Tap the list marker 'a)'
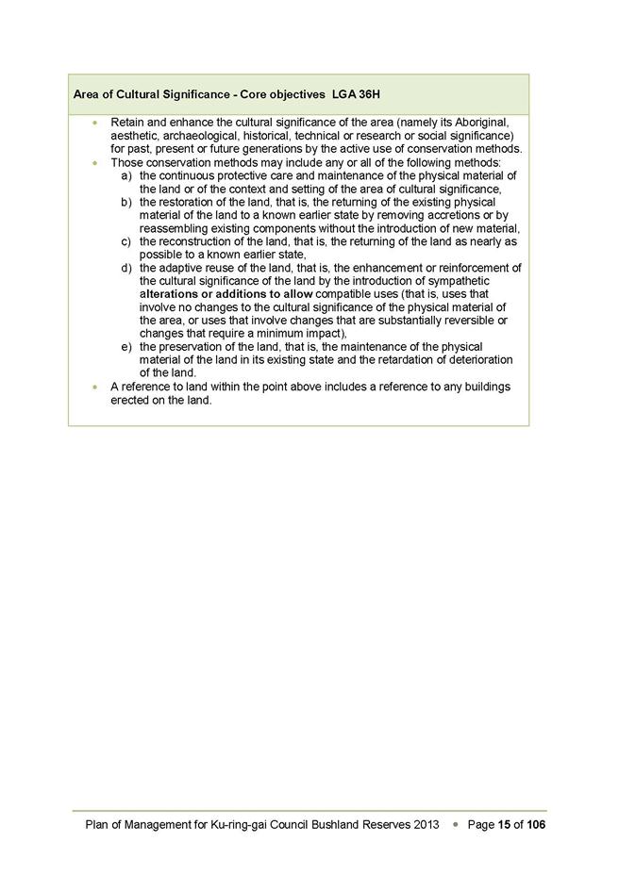click(x=127, y=176)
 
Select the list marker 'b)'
click(x=127, y=203)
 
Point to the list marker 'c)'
click(x=127, y=242)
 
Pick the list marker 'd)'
click(x=127, y=269)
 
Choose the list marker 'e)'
click(x=127, y=347)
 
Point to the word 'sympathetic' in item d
click(x=457, y=281)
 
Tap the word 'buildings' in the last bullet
click(x=483, y=387)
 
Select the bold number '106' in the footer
click(x=536, y=825)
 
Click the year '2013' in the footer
click(x=426, y=825)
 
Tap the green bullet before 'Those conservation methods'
click(x=94, y=163)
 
